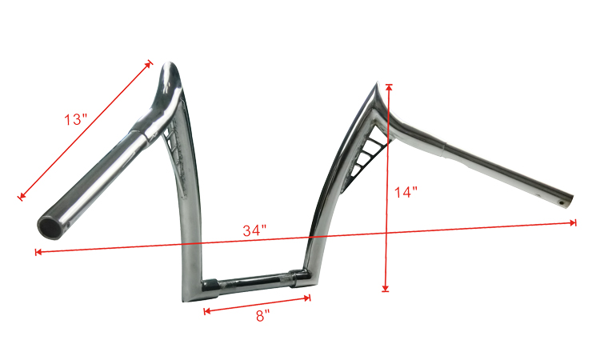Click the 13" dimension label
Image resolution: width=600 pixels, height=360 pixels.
click(75, 119)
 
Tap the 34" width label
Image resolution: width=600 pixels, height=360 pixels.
click(254, 230)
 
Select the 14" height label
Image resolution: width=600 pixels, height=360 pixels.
click(406, 192)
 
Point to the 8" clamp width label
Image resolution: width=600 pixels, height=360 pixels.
click(263, 316)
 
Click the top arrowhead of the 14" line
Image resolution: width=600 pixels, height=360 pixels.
click(389, 87)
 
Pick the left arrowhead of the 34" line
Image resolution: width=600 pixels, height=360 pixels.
click(38, 252)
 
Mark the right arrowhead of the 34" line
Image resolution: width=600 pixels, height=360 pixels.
click(574, 222)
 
